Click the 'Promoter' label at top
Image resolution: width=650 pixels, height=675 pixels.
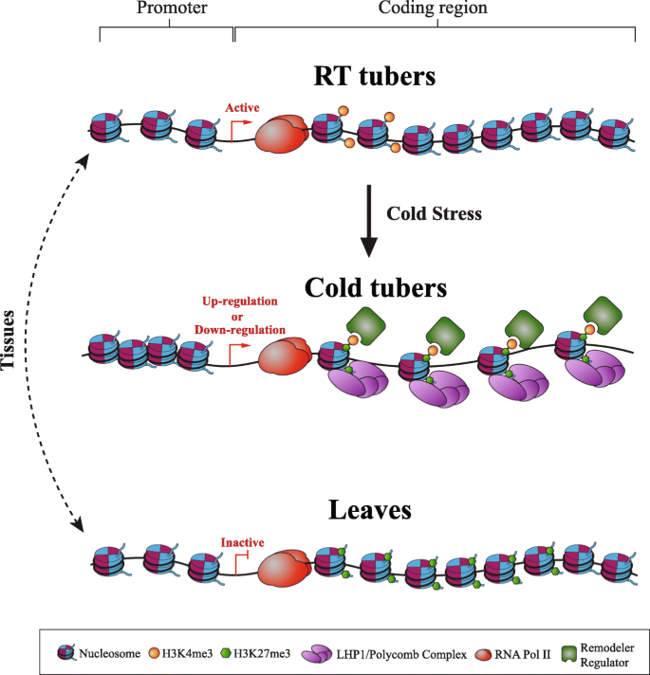coord(168,9)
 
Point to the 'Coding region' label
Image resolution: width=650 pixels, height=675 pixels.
coord(438,9)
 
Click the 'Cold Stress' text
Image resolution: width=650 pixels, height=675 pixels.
coord(434,214)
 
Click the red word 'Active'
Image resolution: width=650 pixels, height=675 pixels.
coord(242,108)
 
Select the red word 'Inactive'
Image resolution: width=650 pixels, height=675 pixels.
coord(242,542)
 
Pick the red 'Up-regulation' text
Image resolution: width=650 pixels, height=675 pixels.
coord(240,301)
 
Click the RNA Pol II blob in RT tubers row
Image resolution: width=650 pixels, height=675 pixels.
coord(288,134)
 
